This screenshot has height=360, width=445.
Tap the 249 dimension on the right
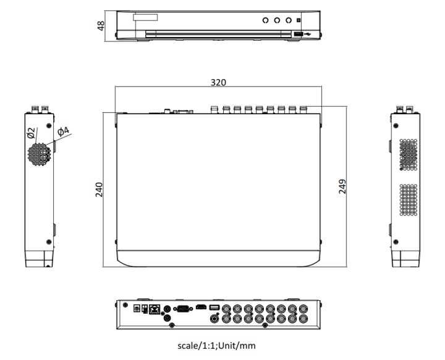[342, 187]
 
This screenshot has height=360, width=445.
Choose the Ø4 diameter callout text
[63, 132]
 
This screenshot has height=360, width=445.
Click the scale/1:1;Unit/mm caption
[216, 346]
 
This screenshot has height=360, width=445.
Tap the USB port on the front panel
[297, 33]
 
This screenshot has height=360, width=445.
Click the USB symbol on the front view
[308, 33]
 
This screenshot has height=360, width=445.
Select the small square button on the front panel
[299, 20]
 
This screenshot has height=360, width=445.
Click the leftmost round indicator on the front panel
[266, 20]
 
